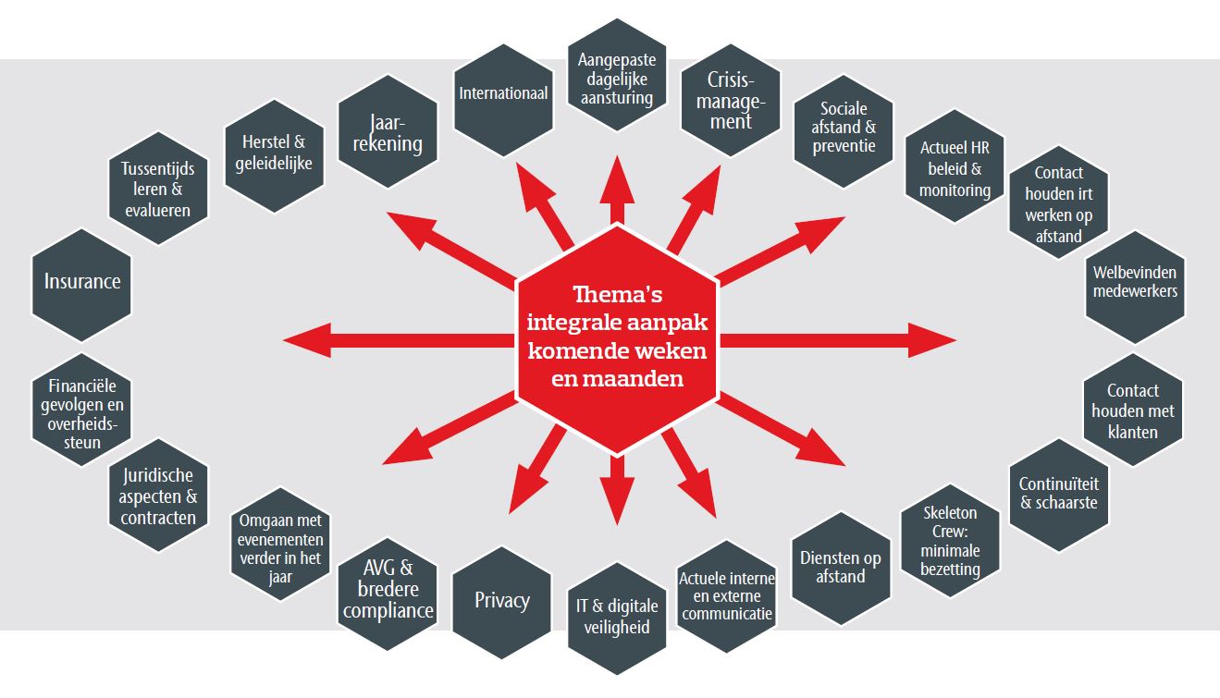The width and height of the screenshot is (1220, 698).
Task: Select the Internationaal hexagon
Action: [504, 94]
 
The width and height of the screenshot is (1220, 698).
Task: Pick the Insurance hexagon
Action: [82, 281]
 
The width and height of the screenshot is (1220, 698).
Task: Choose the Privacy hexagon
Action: [501, 600]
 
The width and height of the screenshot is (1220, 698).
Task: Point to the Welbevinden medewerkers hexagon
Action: [1135, 283]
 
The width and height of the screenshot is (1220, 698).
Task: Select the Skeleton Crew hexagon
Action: [950, 540]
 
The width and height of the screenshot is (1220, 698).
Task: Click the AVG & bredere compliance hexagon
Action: [386, 590]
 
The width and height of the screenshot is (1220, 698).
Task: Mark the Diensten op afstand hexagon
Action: [841, 567]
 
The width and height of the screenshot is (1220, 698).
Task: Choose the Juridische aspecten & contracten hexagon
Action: [158, 496]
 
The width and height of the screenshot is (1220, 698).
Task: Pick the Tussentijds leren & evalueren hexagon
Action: [157, 190]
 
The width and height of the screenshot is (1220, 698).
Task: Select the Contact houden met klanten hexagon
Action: [1132, 411]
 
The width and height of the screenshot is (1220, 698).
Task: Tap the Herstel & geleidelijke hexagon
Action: [273, 153]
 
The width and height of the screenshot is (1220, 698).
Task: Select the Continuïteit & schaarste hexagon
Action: [1058, 494]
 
